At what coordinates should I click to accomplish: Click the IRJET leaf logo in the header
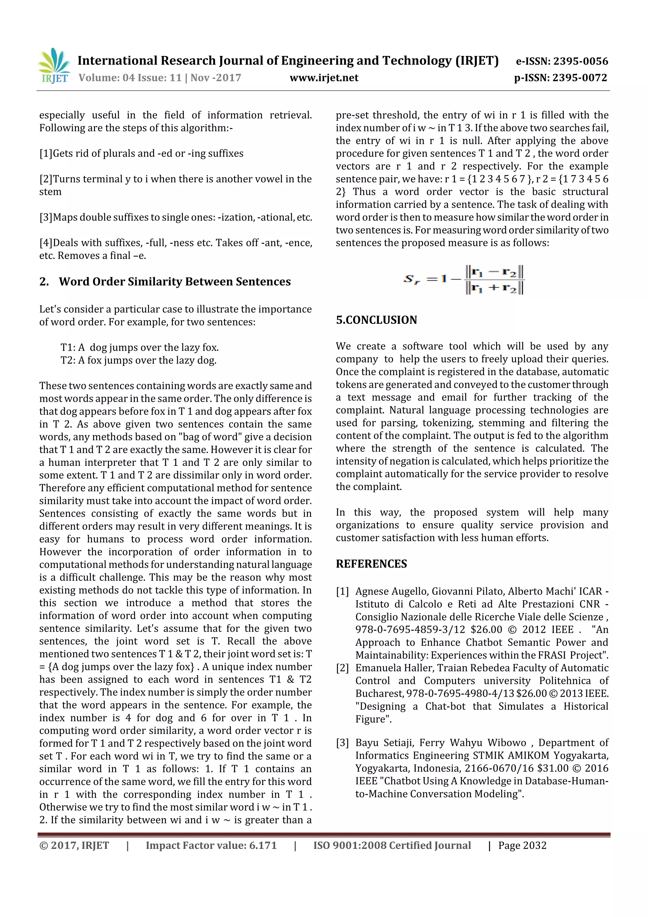[x=53, y=65]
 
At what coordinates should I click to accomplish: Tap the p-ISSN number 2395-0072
[x=579, y=78]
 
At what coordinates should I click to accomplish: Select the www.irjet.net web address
[x=324, y=78]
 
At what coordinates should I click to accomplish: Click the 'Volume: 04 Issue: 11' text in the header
[x=130, y=78]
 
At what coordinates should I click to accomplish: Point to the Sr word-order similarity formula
[x=464, y=279]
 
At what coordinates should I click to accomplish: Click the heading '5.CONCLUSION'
[x=376, y=320]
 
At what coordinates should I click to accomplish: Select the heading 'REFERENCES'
[x=371, y=564]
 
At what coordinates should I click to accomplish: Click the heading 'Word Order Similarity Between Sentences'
[x=174, y=282]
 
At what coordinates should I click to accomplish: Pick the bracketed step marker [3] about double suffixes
[x=46, y=217]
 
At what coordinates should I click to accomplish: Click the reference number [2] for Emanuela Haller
[x=343, y=668]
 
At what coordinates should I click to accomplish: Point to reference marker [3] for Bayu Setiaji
[x=343, y=743]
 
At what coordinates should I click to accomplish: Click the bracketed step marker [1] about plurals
[x=46, y=154]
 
